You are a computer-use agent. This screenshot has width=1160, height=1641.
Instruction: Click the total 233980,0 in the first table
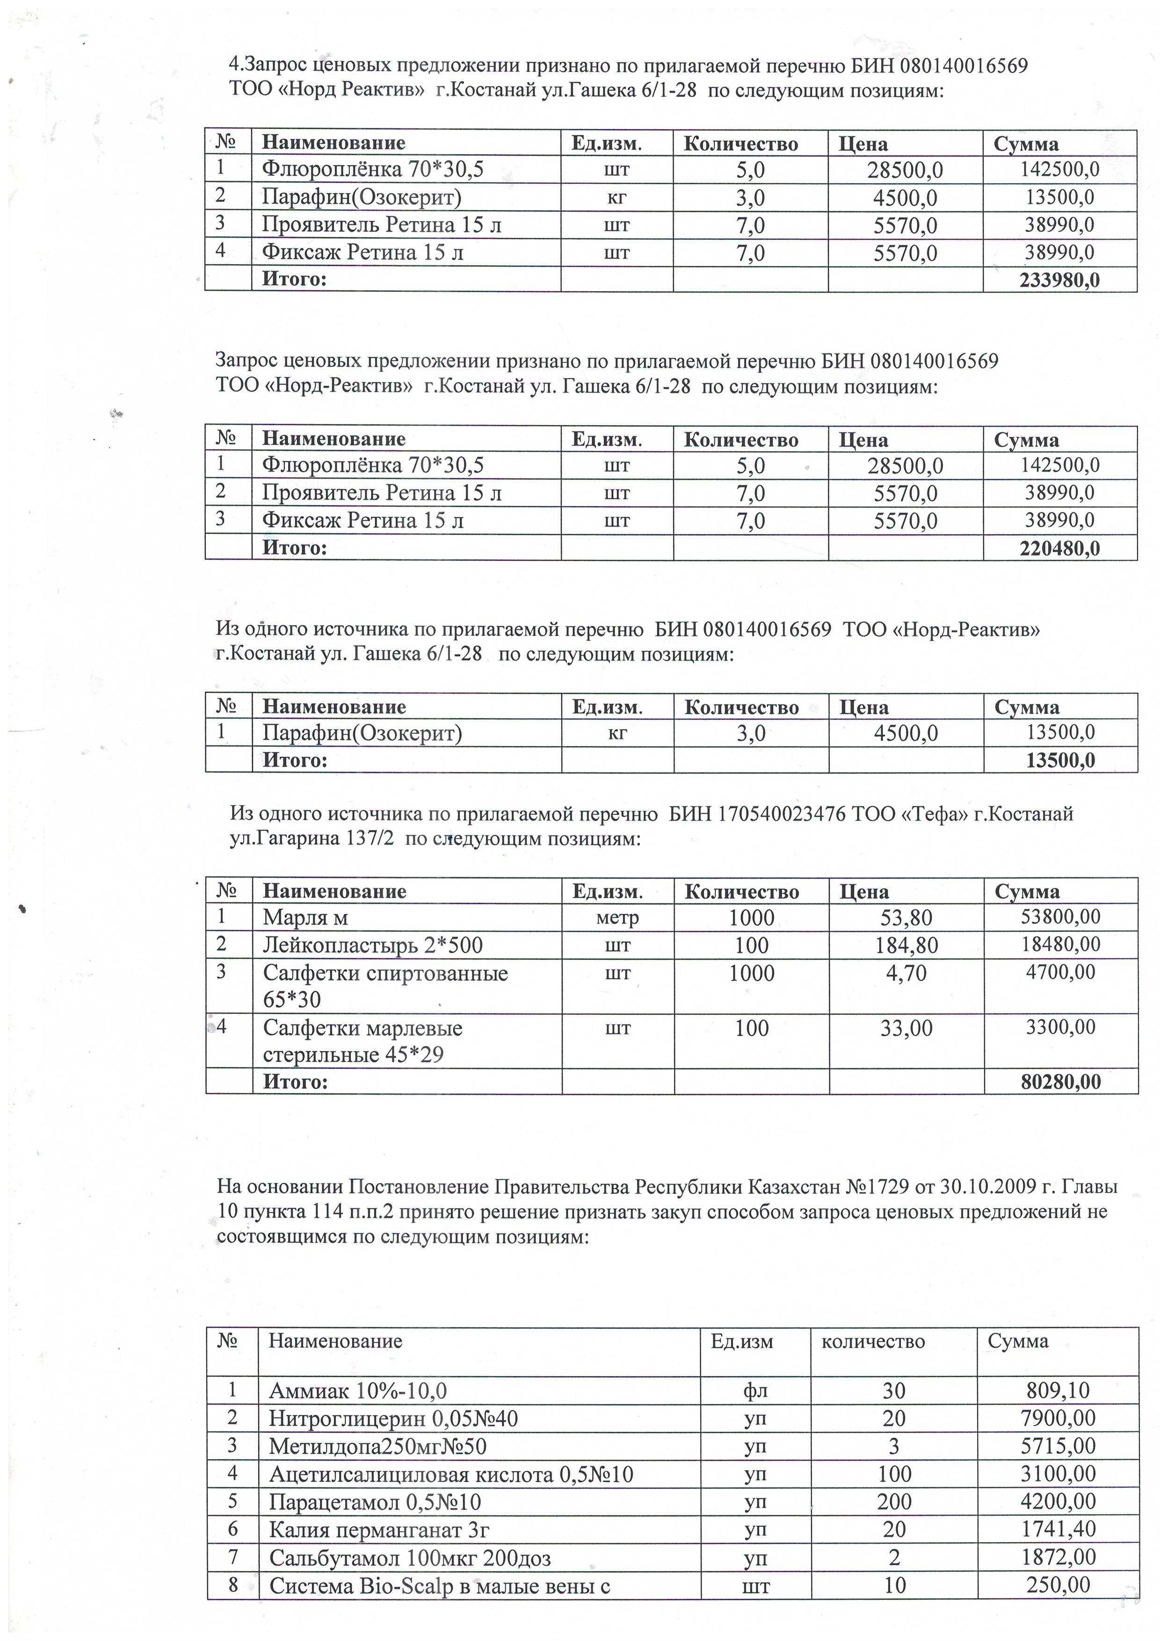[1059, 279]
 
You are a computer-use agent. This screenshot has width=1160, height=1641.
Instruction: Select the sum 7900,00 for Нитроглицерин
[1058, 1418]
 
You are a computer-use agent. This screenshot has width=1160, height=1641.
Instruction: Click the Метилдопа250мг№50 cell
[377, 1446]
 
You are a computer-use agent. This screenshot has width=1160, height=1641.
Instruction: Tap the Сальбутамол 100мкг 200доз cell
[410, 1557]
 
